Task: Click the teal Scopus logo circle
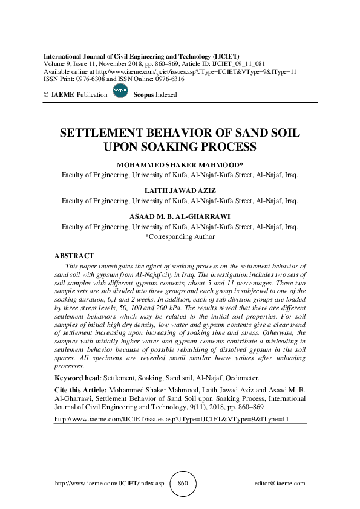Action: (x=120, y=94)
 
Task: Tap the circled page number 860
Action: (x=183, y=484)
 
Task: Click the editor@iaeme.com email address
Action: (x=281, y=484)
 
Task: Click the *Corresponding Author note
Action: (x=180, y=236)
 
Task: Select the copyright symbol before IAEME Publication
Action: (x=46, y=96)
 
